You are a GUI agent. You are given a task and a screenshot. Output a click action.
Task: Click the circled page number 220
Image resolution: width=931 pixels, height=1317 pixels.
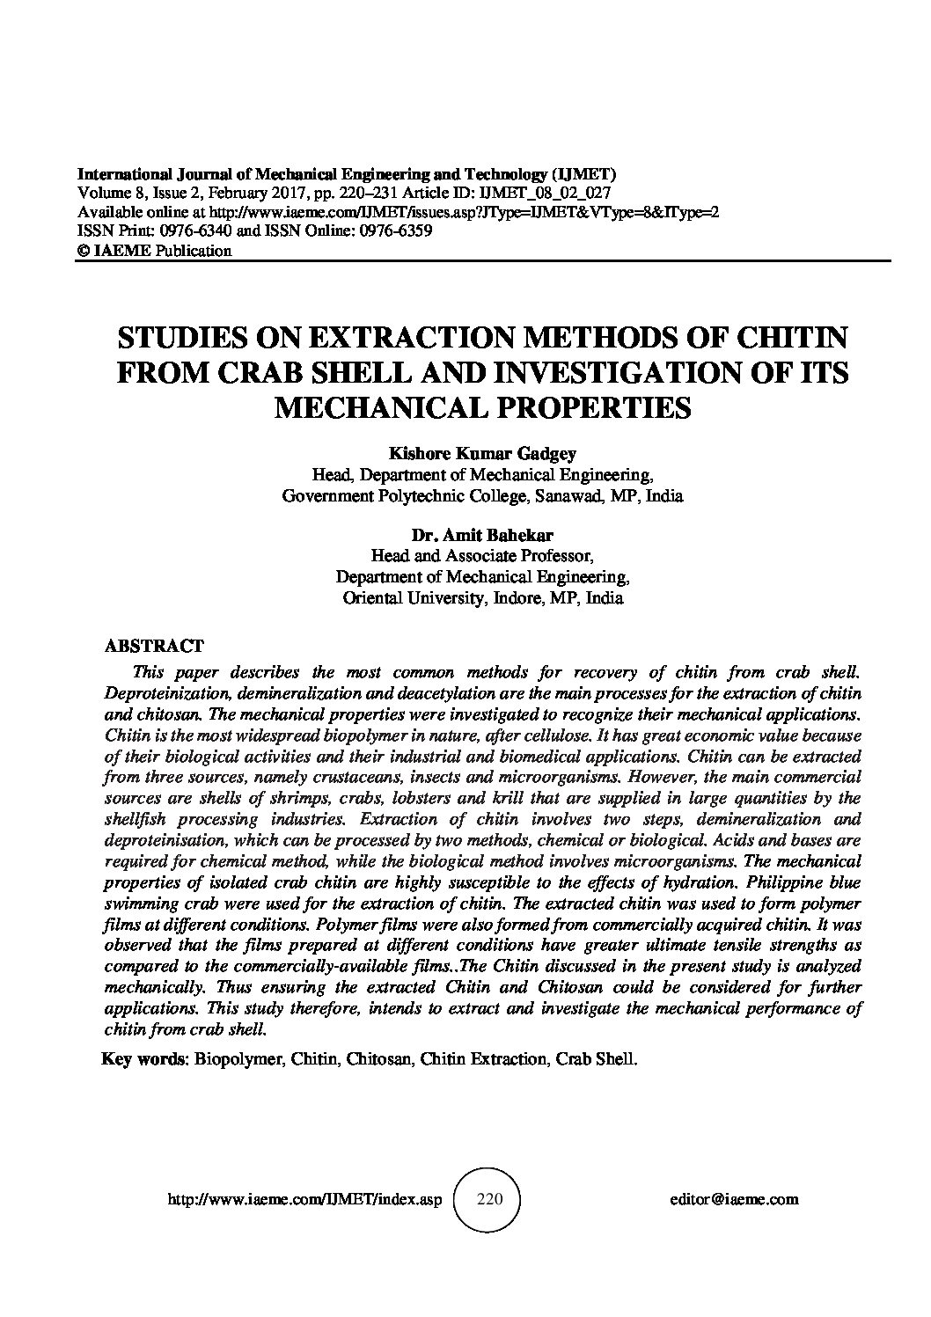pyautogui.click(x=487, y=1198)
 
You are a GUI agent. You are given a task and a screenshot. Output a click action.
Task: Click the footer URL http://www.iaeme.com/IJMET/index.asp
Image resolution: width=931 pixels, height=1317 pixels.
pyautogui.click(x=302, y=1198)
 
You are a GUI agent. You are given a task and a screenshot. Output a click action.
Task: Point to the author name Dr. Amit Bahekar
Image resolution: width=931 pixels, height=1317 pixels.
pyautogui.click(x=481, y=535)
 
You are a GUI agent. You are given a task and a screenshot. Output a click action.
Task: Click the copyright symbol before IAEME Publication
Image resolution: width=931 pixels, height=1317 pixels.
pyautogui.click(x=84, y=251)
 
